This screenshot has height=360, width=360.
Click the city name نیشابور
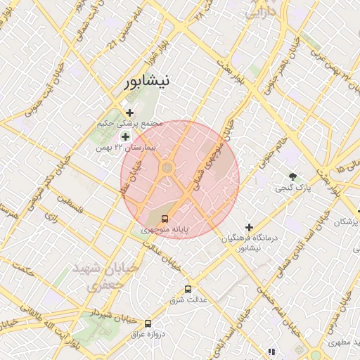point(146,82)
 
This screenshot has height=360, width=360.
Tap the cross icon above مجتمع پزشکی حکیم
point(129,112)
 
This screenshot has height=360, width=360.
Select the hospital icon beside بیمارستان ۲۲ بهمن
point(125,136)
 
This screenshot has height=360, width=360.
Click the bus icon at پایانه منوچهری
point(165,219)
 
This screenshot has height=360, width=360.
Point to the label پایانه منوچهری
point(164,230)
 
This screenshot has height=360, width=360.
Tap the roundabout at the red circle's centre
point(167,167)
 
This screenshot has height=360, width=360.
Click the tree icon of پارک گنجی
point(292,176)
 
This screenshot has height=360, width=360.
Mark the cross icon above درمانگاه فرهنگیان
point(249,227)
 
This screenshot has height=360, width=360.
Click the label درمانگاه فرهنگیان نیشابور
point(250,243)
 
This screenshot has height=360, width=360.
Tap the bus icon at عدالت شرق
point(188,289)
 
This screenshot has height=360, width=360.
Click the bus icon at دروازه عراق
point(148,323)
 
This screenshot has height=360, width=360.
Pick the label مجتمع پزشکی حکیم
point(130,124)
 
